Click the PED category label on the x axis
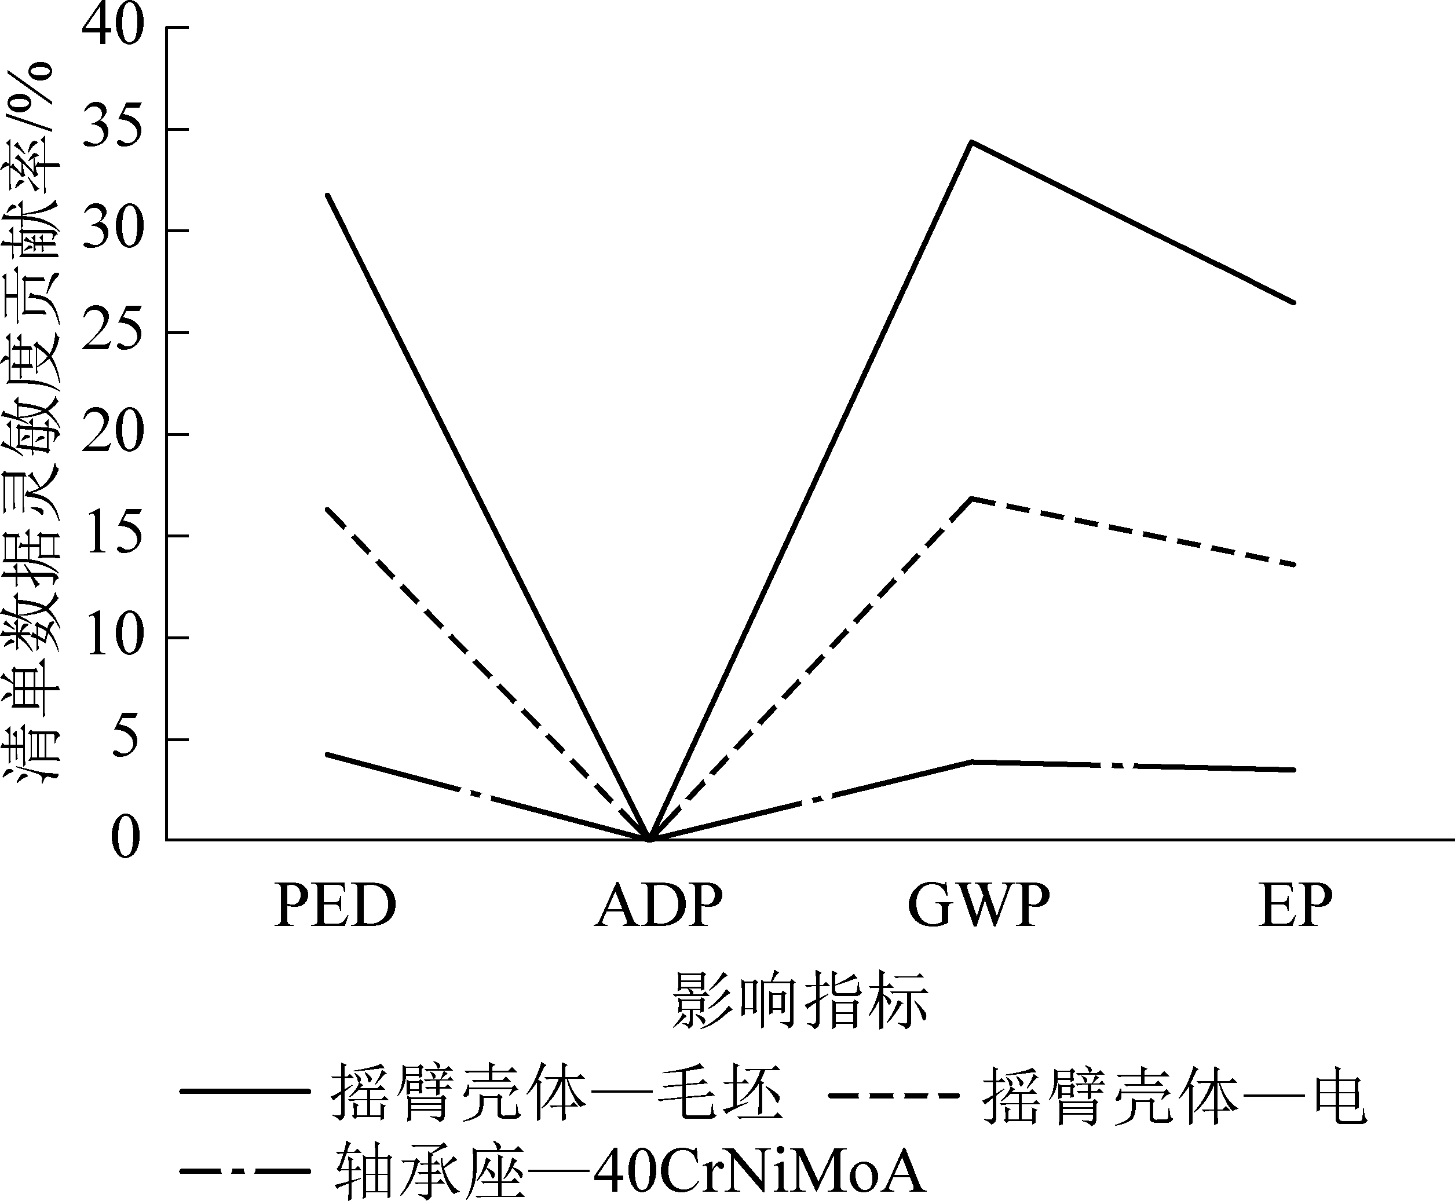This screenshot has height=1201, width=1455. click(335, 906)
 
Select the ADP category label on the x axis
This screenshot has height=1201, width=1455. click(658, 906)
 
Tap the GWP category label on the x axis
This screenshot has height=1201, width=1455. click(978, 906)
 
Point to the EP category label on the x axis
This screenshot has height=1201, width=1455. click(1295, 906)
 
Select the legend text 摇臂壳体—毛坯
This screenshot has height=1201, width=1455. click(557, 1093)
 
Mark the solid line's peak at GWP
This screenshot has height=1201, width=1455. click(972, 142)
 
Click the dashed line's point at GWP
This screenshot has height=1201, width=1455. click(972, 498)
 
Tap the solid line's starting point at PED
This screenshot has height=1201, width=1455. click(327, 195)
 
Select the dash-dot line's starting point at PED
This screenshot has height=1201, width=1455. click(327, 754)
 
